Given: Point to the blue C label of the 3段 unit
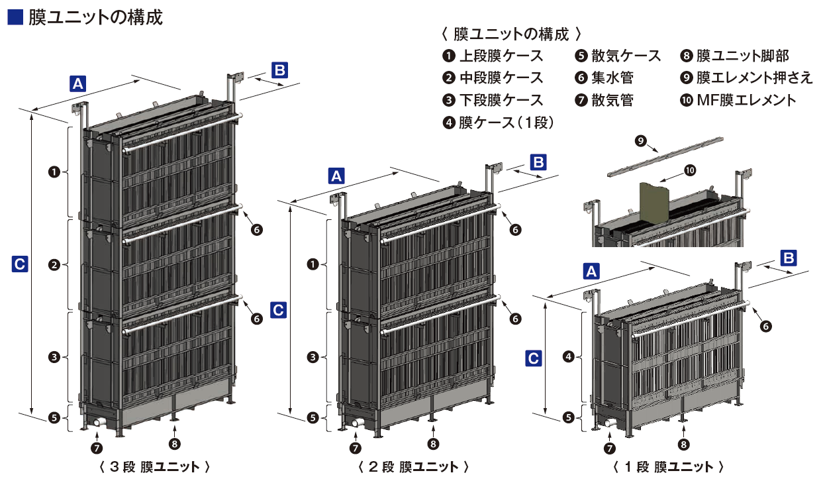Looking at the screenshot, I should [x=20, y=264].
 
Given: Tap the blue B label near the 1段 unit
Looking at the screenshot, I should [x=788, y=256].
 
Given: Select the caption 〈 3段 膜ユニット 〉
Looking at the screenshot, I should [x=154, y=466].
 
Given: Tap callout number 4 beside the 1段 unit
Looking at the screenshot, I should [x=567, y=357].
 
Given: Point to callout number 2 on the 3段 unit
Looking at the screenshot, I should [x=55, y=264].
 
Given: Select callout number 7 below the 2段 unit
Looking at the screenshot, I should [x=355, y=447].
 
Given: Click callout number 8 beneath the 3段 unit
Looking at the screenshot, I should [x=175, y=444].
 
